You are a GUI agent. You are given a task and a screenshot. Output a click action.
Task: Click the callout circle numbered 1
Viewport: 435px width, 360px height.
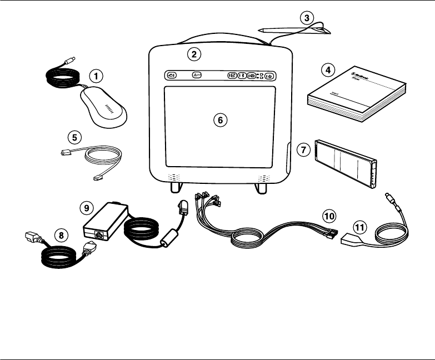(97, 74)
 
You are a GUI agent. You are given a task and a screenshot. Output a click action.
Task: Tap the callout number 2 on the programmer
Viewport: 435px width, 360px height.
(193, 54)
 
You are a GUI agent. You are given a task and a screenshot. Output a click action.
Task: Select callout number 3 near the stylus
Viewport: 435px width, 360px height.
(306, 18)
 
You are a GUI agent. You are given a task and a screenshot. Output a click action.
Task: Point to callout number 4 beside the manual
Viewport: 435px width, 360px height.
(329, 70)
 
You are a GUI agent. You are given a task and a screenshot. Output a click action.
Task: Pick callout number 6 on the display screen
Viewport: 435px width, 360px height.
(220, 119)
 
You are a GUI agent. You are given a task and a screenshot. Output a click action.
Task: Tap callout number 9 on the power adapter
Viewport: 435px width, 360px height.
(87, 207)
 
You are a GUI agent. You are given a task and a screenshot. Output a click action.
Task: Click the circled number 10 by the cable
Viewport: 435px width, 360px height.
(329, 214)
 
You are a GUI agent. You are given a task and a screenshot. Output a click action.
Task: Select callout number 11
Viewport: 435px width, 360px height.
(361, 227)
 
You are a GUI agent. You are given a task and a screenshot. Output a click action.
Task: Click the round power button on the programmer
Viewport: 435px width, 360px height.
(269, 76)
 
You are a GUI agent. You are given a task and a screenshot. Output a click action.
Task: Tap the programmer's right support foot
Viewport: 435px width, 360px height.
(261, 187)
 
